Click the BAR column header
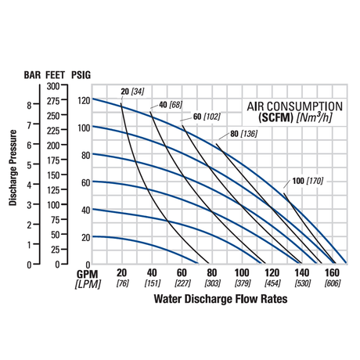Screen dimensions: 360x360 (32, 75)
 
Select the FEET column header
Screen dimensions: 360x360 (55, 75)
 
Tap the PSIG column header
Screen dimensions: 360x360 (81, 75)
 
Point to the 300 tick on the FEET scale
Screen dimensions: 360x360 (53, 86)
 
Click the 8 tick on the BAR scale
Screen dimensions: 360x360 (29, 105)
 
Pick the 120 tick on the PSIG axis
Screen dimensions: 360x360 (84, 100)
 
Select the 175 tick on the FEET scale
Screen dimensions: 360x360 (53, 160)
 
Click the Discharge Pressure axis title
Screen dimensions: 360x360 (13, 167)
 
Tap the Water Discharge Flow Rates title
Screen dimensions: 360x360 (221, 299)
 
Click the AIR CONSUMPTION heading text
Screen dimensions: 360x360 (295, 106)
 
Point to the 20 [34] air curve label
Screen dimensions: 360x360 (132, 92)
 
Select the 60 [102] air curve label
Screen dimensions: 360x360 (207, 117)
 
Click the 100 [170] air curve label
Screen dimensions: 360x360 (308, 181)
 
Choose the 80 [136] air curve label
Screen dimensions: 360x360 (244, 134)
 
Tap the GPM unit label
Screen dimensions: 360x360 (88, 274)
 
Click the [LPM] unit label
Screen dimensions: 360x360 (88, 284)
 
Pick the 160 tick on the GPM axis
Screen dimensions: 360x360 (332, 273)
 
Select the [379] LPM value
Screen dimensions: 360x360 (243, 283)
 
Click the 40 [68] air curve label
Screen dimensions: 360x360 (171, 105)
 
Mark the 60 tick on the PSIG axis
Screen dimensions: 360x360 (86, 183)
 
